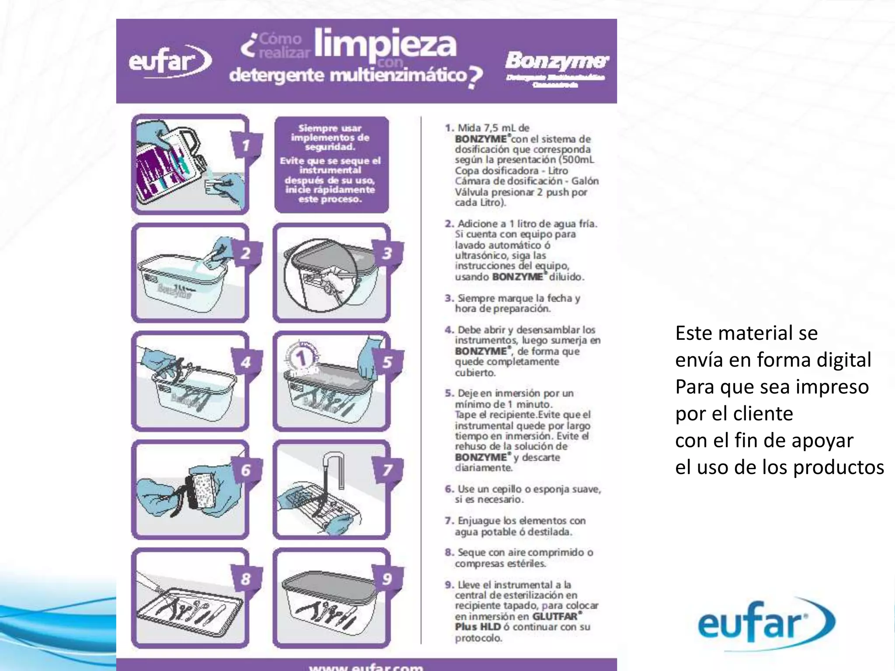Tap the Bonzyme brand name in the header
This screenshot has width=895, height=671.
[556, 62]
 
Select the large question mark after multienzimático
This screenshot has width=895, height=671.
[475, 77]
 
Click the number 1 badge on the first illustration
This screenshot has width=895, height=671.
[246, 145]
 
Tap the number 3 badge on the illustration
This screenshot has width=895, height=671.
[387, 253]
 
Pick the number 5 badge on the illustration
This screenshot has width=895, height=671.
[387, 362]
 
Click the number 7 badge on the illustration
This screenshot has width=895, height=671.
[387, 470]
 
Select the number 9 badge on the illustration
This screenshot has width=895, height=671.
[387, 579]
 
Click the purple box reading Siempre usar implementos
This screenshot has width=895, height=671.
[331, 164]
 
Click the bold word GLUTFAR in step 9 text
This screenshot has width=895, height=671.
[555, 616]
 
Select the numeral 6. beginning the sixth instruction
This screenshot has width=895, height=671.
[449, 489]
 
